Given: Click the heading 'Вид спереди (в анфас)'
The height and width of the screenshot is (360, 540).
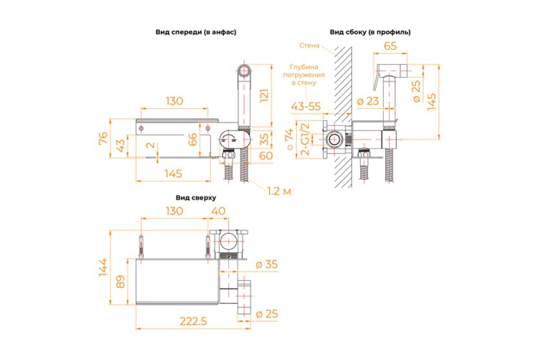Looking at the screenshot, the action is click(x=196, y=32).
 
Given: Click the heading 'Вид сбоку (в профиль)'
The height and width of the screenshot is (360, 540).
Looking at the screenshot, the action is click(x=370, y=32).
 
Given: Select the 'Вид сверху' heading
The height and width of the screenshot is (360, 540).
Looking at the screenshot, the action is click(x=196, y=198).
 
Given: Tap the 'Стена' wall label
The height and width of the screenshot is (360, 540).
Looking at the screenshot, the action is click(x=309, y=45).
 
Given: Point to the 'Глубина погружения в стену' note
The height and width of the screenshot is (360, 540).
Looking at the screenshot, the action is click(x=304, y=75).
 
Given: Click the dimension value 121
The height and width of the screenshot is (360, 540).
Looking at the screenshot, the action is click(x=264, y=95).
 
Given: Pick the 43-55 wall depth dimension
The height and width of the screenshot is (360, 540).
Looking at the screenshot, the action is click(x=306, y=106).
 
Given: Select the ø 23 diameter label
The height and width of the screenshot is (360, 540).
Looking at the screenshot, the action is click(x=368, y=101).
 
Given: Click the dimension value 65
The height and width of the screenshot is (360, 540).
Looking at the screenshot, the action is click(x=390, y=46).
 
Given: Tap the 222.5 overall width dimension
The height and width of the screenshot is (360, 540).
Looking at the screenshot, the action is click(x=193, y=321).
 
